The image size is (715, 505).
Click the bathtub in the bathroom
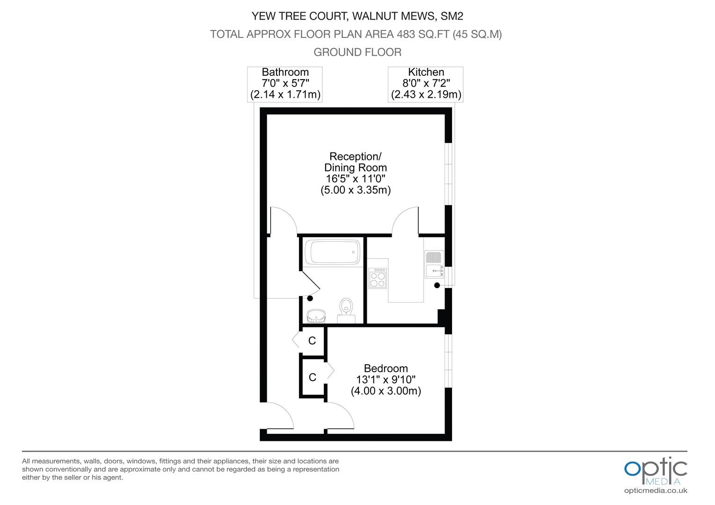332,252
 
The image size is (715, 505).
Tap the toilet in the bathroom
346,310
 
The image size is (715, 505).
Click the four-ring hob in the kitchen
377,278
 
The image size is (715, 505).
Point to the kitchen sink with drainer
434,264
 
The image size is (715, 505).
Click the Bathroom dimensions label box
285,84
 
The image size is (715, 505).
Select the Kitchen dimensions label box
425,84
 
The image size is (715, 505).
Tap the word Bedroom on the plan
386,368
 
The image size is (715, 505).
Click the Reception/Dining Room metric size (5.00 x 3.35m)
356,190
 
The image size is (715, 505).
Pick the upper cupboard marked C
312,341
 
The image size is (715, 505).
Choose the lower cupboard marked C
313,377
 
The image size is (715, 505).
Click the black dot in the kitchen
437,285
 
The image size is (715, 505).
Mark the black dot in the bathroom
310,298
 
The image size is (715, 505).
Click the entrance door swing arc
285,410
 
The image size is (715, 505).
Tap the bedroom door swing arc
346,410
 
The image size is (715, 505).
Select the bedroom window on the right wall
448,361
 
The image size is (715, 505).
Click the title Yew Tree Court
299,16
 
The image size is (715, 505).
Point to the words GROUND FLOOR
357,52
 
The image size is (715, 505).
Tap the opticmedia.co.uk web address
656,491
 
